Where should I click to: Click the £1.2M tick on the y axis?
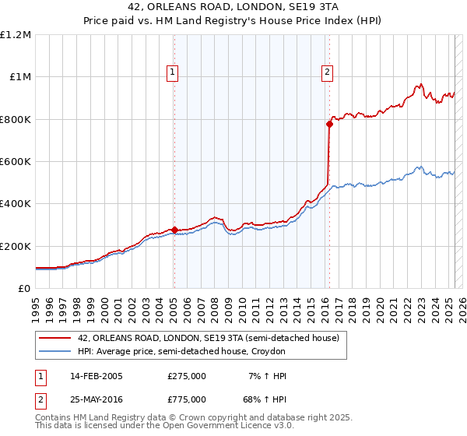(16, 35)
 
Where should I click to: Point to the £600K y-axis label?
(16, 162)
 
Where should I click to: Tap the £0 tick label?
(25, 289)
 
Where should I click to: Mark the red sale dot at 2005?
(174, 230)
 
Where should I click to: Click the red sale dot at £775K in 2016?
(329, 124)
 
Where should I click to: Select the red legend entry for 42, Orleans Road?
(208, 339)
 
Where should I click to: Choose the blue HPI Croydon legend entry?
(182, 352)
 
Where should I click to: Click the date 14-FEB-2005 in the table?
(97, 376)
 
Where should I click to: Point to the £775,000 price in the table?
(187, 399)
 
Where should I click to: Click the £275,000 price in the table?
(187, 376)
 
